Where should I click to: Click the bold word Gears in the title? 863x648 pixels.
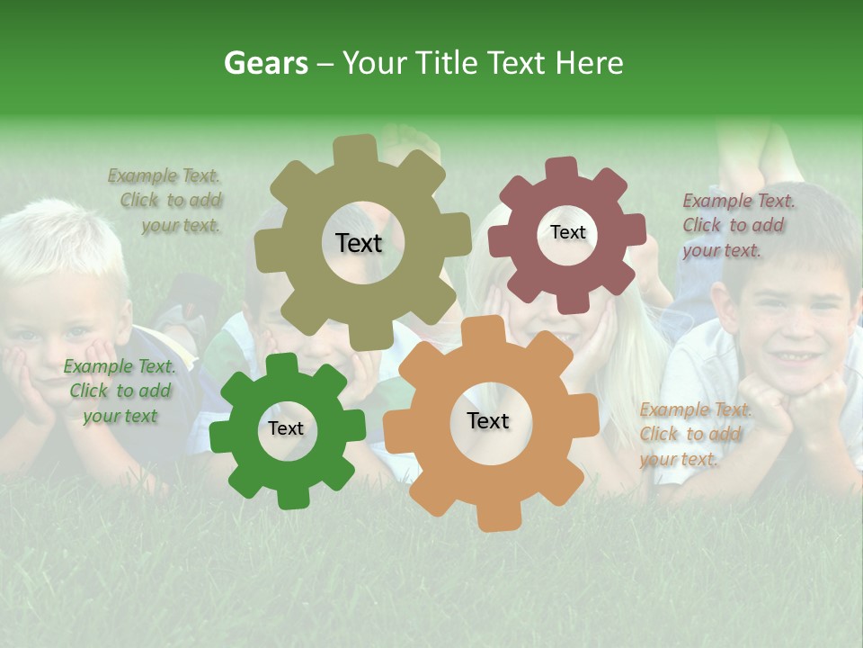click(265, 63)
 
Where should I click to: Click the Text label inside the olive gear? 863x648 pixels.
click(359, 243)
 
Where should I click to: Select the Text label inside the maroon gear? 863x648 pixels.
click(567, 232)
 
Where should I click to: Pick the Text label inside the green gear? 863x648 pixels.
click(286, 429)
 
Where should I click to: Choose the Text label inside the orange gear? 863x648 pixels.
click(488, 421)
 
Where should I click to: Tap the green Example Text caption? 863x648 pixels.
click(120, 391)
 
